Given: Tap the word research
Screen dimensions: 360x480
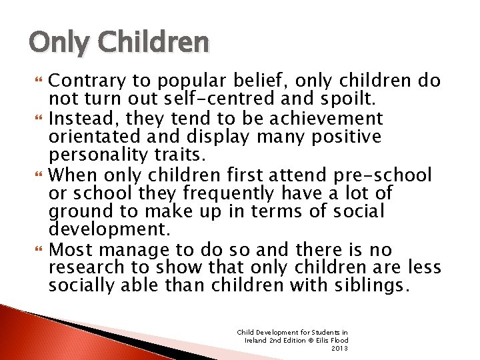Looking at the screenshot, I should pyautogui.click(x=85, y=268).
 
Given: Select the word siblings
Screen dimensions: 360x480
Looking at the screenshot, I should pyautogui.click(x=367, y=286).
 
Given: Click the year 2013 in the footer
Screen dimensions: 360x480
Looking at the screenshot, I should pyautogui.click(x=340, y=348).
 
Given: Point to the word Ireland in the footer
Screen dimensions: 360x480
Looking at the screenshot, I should pyautogui.click(x=257, y=340).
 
